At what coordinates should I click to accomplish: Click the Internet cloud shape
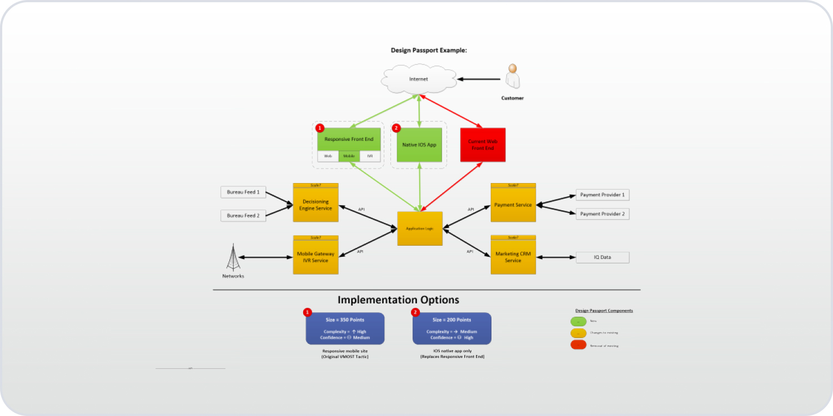(419, 79)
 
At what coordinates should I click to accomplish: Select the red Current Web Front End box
(483, 145)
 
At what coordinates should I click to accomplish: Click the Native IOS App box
(419, 145)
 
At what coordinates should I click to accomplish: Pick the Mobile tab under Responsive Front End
(349, 156)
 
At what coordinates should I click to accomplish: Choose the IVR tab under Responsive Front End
(370, 156)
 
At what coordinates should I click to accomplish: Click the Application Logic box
(420, 229)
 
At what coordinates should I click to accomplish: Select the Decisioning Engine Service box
(315, 205)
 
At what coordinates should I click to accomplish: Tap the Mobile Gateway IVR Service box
(315, 257)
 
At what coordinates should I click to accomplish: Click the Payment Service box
(513, 205)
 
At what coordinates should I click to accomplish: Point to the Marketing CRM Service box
(513, 257)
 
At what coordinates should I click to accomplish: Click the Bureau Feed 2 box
(243, 216)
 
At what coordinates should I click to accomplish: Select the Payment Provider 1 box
(602, 195)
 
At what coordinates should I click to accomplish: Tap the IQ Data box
(602, 257)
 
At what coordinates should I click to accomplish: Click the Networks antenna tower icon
(233, 257)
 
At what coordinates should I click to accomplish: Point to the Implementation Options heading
(398, 300)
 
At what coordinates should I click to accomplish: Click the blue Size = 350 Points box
(345, 329)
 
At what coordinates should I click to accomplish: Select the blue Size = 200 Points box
(451, 329)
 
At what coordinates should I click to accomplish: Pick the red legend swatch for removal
(578, 345)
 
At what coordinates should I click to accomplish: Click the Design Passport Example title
(429, 50)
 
